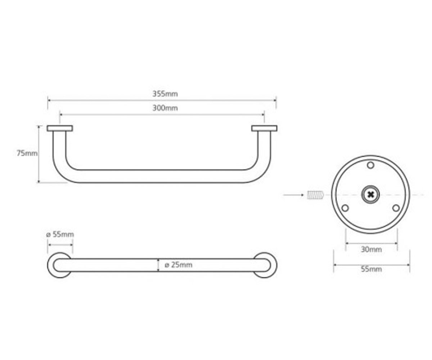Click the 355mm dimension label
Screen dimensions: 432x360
click(x=165, y=94)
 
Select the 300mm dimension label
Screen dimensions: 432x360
click(x=165, y=108)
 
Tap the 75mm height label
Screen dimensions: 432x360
click(x=27, y=153)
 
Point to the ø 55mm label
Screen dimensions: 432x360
click(x=60, y=234)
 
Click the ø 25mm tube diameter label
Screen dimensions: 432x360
click(x=178, y=265)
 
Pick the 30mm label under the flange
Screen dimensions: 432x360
click(x=372, y=249)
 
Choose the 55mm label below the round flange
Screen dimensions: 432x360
click(x=372, y=269)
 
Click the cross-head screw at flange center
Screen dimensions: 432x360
click(x=370, y=194)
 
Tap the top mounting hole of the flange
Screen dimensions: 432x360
click(x=370, y=165)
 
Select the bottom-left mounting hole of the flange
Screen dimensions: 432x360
click(x=345, y=208)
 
